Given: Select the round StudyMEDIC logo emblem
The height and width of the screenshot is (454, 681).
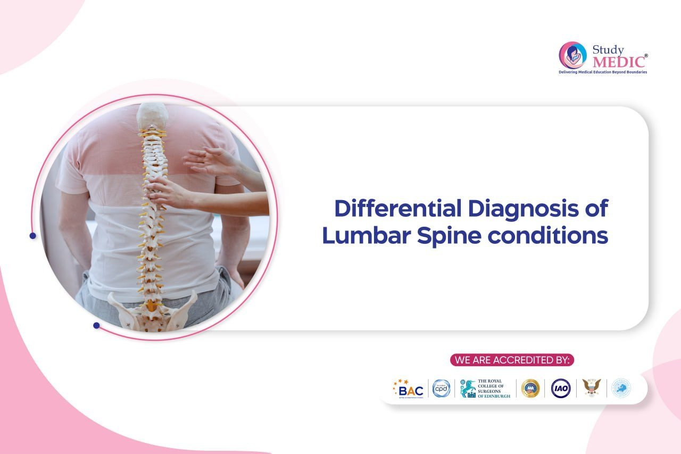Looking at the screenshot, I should (572, 55).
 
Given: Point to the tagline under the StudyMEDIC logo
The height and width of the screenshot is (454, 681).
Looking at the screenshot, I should (603, 72).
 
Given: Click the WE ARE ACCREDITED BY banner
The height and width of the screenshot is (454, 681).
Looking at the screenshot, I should (512, 360).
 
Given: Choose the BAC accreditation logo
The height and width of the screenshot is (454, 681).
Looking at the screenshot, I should (409, 389).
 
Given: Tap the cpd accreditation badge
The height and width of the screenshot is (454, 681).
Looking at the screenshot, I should (441, 389).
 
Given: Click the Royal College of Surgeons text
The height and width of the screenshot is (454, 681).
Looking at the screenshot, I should (494, 389).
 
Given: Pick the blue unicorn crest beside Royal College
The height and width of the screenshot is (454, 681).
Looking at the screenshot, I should (468, 389).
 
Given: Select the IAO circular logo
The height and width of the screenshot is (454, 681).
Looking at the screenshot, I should (561, 389).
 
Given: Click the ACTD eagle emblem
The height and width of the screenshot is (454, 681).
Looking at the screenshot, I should (591, 387).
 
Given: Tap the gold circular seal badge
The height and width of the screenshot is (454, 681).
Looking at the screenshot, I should (530, 389).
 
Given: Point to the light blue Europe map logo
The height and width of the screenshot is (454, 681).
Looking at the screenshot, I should (621, 388).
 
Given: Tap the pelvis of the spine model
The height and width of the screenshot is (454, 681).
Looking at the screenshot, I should (152, 311).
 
